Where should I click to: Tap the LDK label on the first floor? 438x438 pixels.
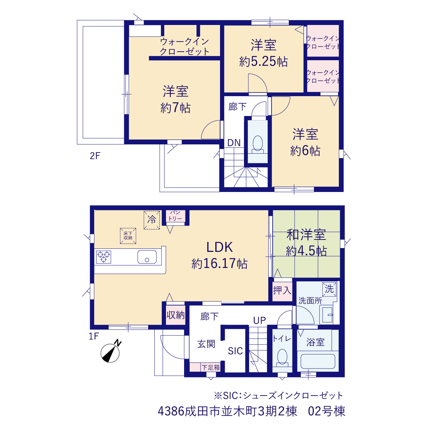(x=220, y=247)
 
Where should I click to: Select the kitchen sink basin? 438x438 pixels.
(x=147, y=257)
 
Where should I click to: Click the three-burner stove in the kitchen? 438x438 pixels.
(x=103, y=257)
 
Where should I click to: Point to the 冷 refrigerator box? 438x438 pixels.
(x=152, y=220)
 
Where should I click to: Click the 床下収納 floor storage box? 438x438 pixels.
(x=128, y=236)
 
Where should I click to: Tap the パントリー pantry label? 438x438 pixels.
(x=175, y=216)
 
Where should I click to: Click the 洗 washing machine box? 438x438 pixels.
(x=329, y=289)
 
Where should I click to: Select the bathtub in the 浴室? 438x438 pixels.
(x=318, y=362)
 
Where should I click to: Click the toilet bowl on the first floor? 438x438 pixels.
(x=282, y=357)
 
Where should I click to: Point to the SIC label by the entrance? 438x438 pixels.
(x=235, y=351)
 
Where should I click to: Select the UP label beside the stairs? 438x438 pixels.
(x=259, y=320)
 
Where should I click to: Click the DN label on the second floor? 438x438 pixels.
(x=234, y=143)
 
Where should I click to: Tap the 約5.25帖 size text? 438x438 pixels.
(x=263, y=61)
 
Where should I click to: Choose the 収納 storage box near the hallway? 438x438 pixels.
(x=176, y=315)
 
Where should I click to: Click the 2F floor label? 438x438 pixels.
(x=95, y=156)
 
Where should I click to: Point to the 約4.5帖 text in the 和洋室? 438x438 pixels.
(x=306, y=251)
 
